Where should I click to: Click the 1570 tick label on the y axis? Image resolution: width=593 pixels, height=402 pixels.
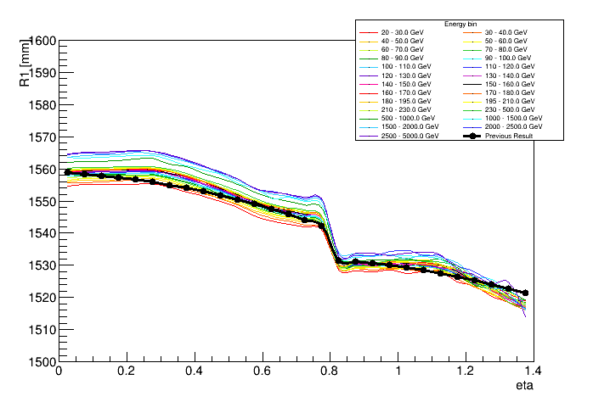pyautogui.click(x=40, y=137)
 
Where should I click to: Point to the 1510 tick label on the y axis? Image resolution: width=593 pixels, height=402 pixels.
pyautogui.click(x=40, y=329)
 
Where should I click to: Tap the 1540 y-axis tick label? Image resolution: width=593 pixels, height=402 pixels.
pyautogui.click(x=40, y=233)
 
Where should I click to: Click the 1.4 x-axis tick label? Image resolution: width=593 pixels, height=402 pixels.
pyautogui.click(x=533, y=371)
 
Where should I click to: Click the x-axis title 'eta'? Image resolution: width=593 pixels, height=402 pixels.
pyautogui.click(x=524, y=386)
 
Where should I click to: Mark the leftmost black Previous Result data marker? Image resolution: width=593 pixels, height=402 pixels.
pyautogui.click(x=67, y=172)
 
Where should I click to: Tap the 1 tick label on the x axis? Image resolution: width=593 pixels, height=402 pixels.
pyautogui.click(x=398, y=371)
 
